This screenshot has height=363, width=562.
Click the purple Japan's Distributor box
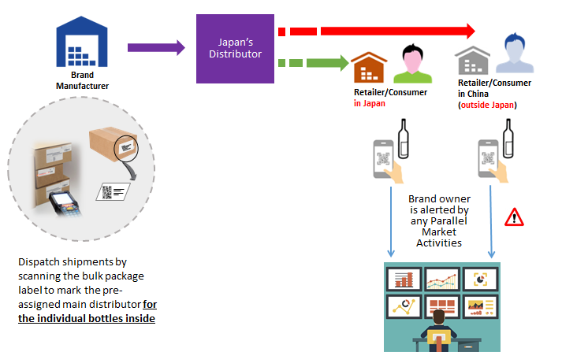tap(235, 47)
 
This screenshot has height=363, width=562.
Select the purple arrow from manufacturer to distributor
tap(156, 49)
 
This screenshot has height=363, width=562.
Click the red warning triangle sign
tap(514, 216)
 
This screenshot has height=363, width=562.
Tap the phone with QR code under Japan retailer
tap(383, 157)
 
